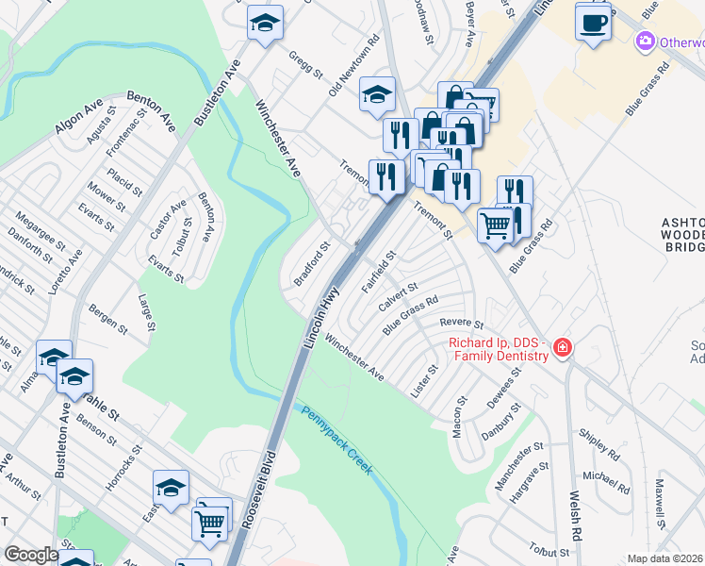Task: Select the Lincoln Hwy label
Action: pyautogui.click(x=320, y=321)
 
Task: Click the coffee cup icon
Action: pyautogui.click(x=593, y=22)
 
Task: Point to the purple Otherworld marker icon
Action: pyautogui.click(x=646, y=42)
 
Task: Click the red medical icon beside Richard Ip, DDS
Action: pyautogui.click(x=563, y=348)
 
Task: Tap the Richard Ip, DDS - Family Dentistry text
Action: pyautogui.click(x=498, y=348)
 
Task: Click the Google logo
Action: pyautogui.click(x=30, y=554)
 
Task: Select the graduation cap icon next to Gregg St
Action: pyautogui.click(x=266, y=23)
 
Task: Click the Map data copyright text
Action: pyautogui.click(x=664, y=558)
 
